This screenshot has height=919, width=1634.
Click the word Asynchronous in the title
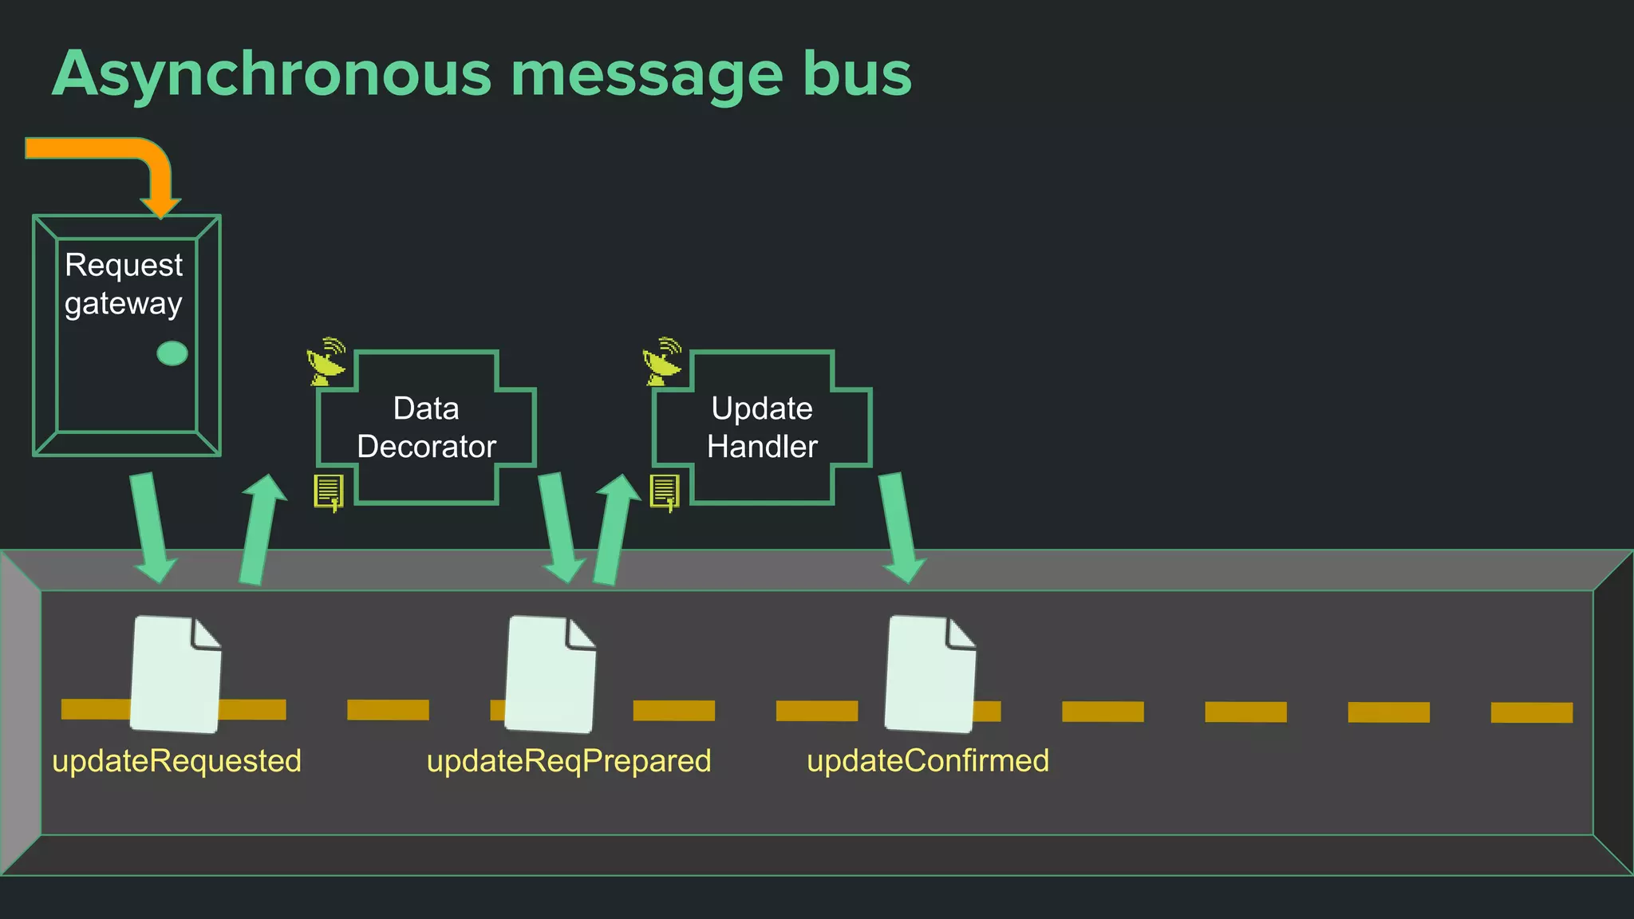[x=271, y=74]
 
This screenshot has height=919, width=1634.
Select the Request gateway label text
[x=124, y=284]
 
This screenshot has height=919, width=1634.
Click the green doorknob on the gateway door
[x=172, y=353]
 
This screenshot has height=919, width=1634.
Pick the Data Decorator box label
[x=427, y=428]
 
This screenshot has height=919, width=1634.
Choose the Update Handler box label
[x=762, y=428]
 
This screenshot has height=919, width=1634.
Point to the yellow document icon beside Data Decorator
[x=329, y=491]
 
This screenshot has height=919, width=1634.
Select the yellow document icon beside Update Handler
[x=665, y=491]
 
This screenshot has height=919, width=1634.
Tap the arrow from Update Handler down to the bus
[x=900, y=527]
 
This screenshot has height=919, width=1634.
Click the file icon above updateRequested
[x=176, y=674]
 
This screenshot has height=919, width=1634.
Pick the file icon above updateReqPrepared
[x=551, y=674]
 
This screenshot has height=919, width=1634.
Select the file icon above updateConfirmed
[x=930, y=674]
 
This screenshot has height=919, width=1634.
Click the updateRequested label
[x=176, y=761]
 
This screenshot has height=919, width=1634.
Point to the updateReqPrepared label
[x=569, y=761]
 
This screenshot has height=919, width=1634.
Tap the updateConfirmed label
[x=928, y=761]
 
